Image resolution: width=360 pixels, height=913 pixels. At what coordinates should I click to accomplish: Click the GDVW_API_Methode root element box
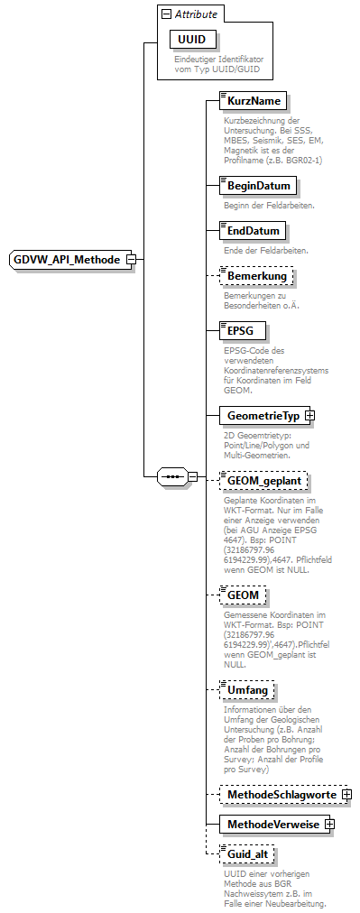(x=67, y=260)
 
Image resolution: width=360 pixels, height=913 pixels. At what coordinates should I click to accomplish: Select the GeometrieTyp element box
(x=262, y=415)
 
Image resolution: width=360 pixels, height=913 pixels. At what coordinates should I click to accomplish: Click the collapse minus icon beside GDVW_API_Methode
(x=131, y=260)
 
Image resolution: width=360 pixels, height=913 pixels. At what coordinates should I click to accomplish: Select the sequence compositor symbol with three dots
(x=171, y=475)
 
